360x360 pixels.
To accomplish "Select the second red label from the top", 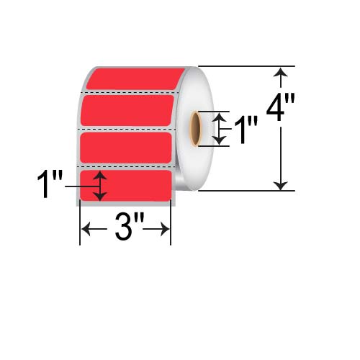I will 128,109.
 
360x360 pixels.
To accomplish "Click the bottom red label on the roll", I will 130,185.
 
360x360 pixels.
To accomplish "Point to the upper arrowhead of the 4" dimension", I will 282,72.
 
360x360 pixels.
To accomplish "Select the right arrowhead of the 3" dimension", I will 166,230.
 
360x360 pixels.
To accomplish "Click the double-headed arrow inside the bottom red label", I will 100,186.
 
